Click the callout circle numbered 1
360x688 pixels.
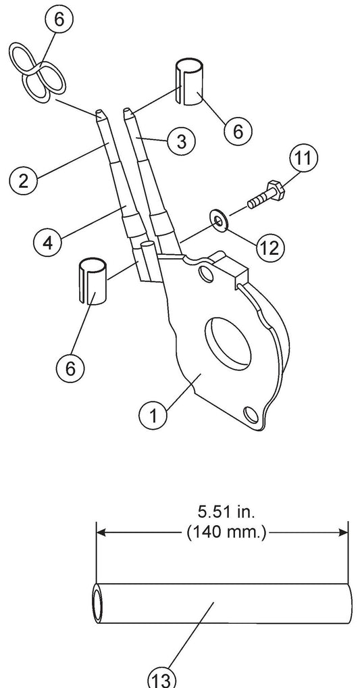(x=153, y=415)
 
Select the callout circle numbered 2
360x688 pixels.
(x=24, y=180)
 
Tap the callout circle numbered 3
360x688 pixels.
(x=180, y=141)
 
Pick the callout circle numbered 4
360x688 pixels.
(x=48, y=241)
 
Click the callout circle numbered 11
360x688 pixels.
(x=303, y=157)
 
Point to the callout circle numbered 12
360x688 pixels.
(x=270, y=248)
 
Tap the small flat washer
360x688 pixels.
(x=219, y=221)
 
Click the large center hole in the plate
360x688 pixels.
(x=228, y=342)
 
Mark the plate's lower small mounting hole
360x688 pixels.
(x=251, y=414)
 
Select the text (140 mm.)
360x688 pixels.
(x=226, y=533)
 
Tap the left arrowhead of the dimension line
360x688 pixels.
(x=102, y=533)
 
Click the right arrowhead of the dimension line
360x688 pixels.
(x=342, y=533)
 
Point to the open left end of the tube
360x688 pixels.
(x=97, y=604)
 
